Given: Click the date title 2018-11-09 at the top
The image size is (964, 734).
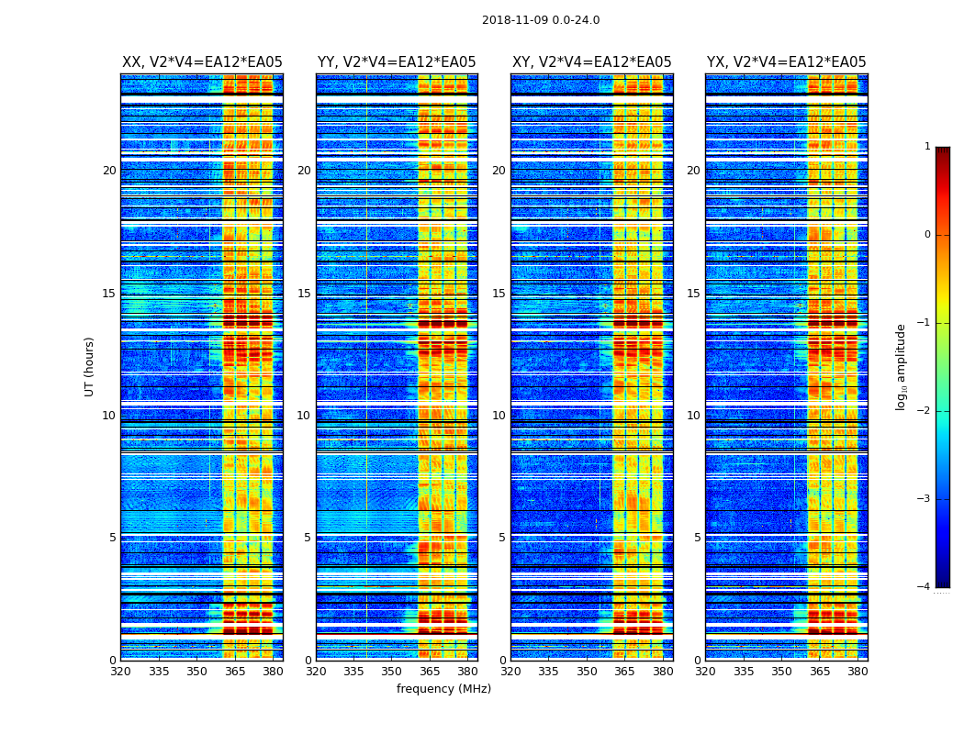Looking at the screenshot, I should tap(541, 20).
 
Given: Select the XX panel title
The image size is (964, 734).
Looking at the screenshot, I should tap(202, 62).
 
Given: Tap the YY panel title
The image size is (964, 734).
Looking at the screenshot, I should tap(397, 62).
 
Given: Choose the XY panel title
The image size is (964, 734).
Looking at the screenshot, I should tap(592, 62).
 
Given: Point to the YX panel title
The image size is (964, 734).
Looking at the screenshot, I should tap(787, 62).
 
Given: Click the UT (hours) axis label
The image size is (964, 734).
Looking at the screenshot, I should tap(90, 366).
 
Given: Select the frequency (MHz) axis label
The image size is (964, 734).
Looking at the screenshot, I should tap(443, 689).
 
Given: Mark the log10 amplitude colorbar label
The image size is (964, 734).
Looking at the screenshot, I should tap(902, 366).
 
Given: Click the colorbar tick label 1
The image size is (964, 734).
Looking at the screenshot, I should tap(927, 147).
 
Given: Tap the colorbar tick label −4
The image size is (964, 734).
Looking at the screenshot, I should tap(925, 587).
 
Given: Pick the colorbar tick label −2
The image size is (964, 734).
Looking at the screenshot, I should tap(925, 411).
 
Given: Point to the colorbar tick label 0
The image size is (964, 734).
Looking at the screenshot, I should tap(927, 235).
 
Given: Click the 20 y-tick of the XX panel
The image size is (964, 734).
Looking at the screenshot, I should tap(109, 171).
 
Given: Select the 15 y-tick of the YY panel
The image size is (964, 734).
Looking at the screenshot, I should tap(304, 294).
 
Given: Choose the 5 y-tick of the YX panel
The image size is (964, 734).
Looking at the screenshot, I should tap(697, 538).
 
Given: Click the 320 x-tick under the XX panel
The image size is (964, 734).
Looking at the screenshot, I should tap(120, 672).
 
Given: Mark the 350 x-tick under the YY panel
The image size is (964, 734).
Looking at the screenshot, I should tap(391, 672).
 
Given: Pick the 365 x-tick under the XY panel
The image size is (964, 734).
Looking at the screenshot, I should tap(624, 672).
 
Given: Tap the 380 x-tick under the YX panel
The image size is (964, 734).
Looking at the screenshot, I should tap(858, 672).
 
